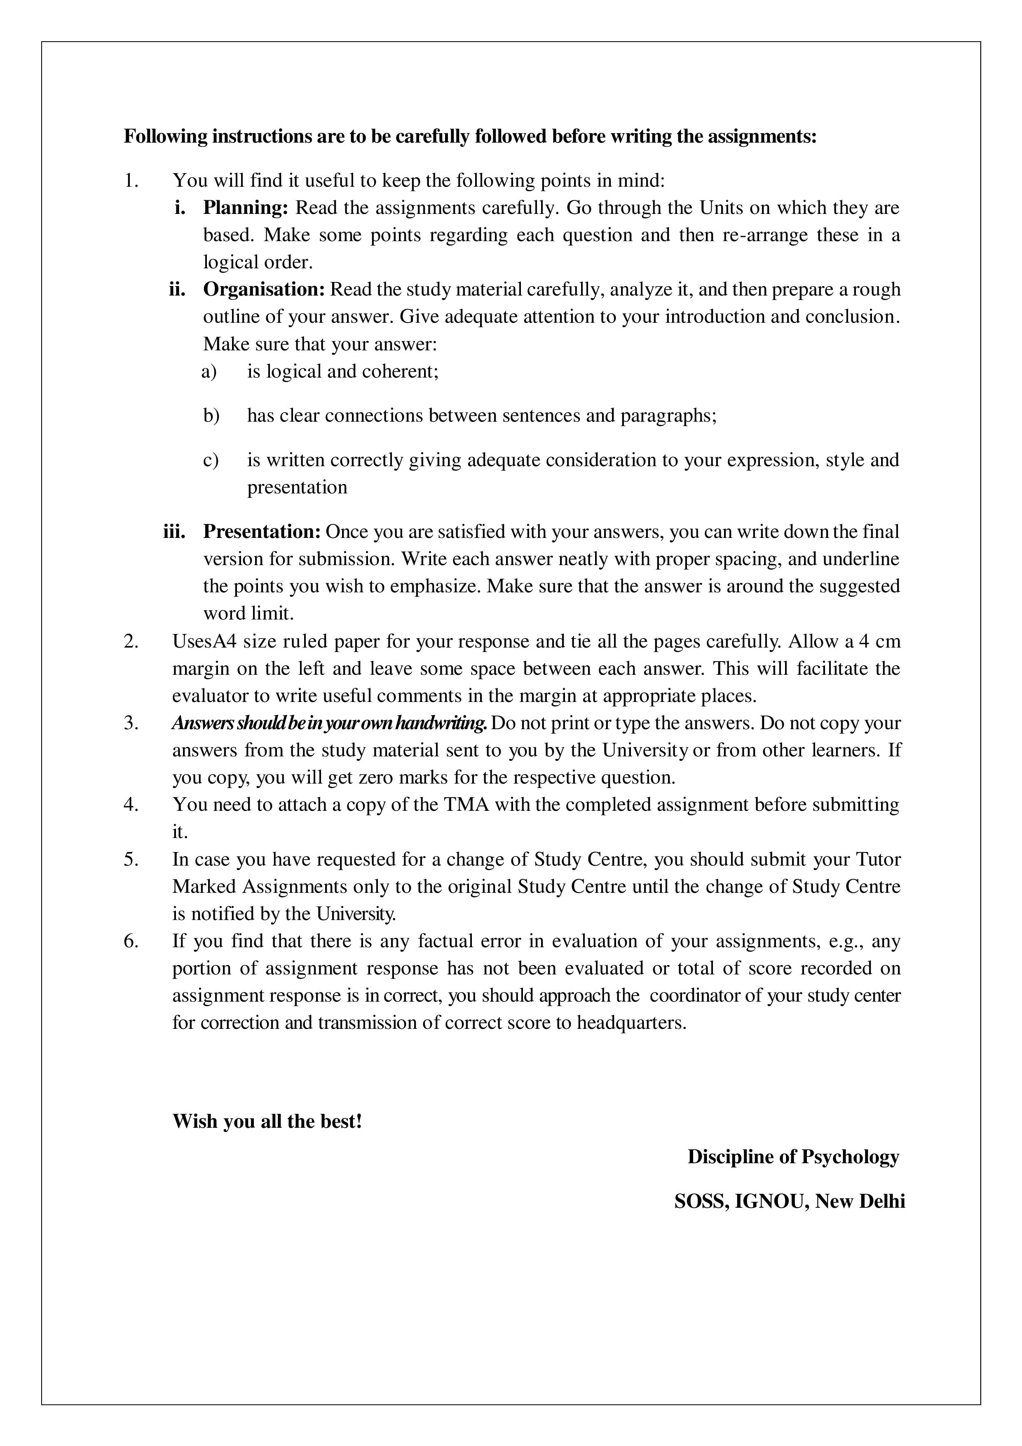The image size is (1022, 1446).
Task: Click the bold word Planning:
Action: [x=245, y=208]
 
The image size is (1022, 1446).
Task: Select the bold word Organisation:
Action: [x=264, y=290]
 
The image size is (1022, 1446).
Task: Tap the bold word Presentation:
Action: [x=262, y=532]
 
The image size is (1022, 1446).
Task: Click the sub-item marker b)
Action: [x=211, y=415]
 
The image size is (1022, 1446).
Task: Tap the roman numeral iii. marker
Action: [x=174, y=532]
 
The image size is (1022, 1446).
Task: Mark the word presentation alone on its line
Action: [x=297, y=488]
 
